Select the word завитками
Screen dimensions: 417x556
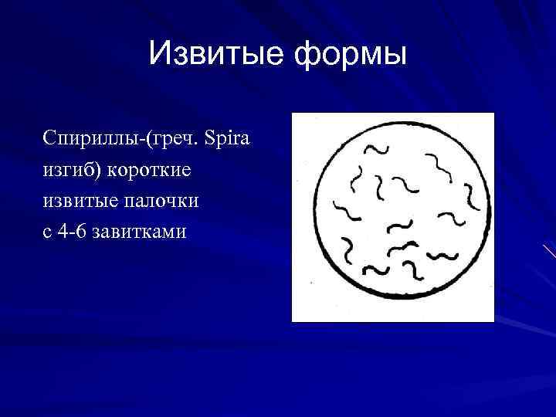[x=138, y=231]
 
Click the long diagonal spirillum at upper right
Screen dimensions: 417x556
[x=442, y=167]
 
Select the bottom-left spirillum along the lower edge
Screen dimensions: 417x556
[x=376, y=270]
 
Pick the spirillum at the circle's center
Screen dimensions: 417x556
[x=399, y=226]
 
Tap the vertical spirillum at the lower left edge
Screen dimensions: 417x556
[x=348, y=249]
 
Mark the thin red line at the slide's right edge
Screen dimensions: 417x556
[x=549, y=250]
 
